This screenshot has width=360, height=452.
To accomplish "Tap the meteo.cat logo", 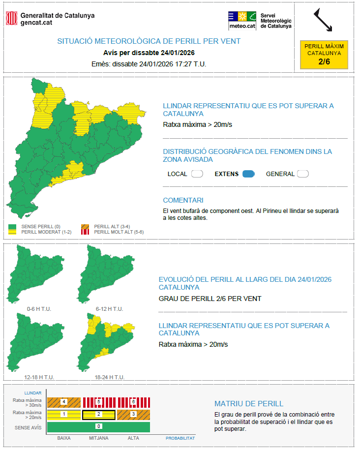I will (242, 20).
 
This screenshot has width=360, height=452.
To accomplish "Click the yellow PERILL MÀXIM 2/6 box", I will (324, 54).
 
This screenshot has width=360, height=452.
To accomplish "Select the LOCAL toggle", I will (197, 174).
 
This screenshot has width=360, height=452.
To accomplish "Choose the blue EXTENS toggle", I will (248, 174).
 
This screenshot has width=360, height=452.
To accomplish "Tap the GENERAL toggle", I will (302, 174).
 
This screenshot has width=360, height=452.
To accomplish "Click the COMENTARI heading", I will (183, 200).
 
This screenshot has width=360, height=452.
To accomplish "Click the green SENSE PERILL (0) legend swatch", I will (13, 226).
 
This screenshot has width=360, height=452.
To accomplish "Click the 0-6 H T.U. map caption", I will (39, 309).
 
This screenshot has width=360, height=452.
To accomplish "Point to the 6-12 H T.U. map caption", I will (109, 309).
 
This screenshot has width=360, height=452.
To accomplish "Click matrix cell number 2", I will (98, 415).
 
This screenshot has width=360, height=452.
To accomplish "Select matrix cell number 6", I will (133, 402).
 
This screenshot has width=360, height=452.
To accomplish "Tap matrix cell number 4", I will (64, 402).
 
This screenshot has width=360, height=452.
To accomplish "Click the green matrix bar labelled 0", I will (98, 426).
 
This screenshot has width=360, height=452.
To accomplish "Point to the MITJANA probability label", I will (98, 438).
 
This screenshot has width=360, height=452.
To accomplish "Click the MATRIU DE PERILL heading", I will (249, 404).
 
